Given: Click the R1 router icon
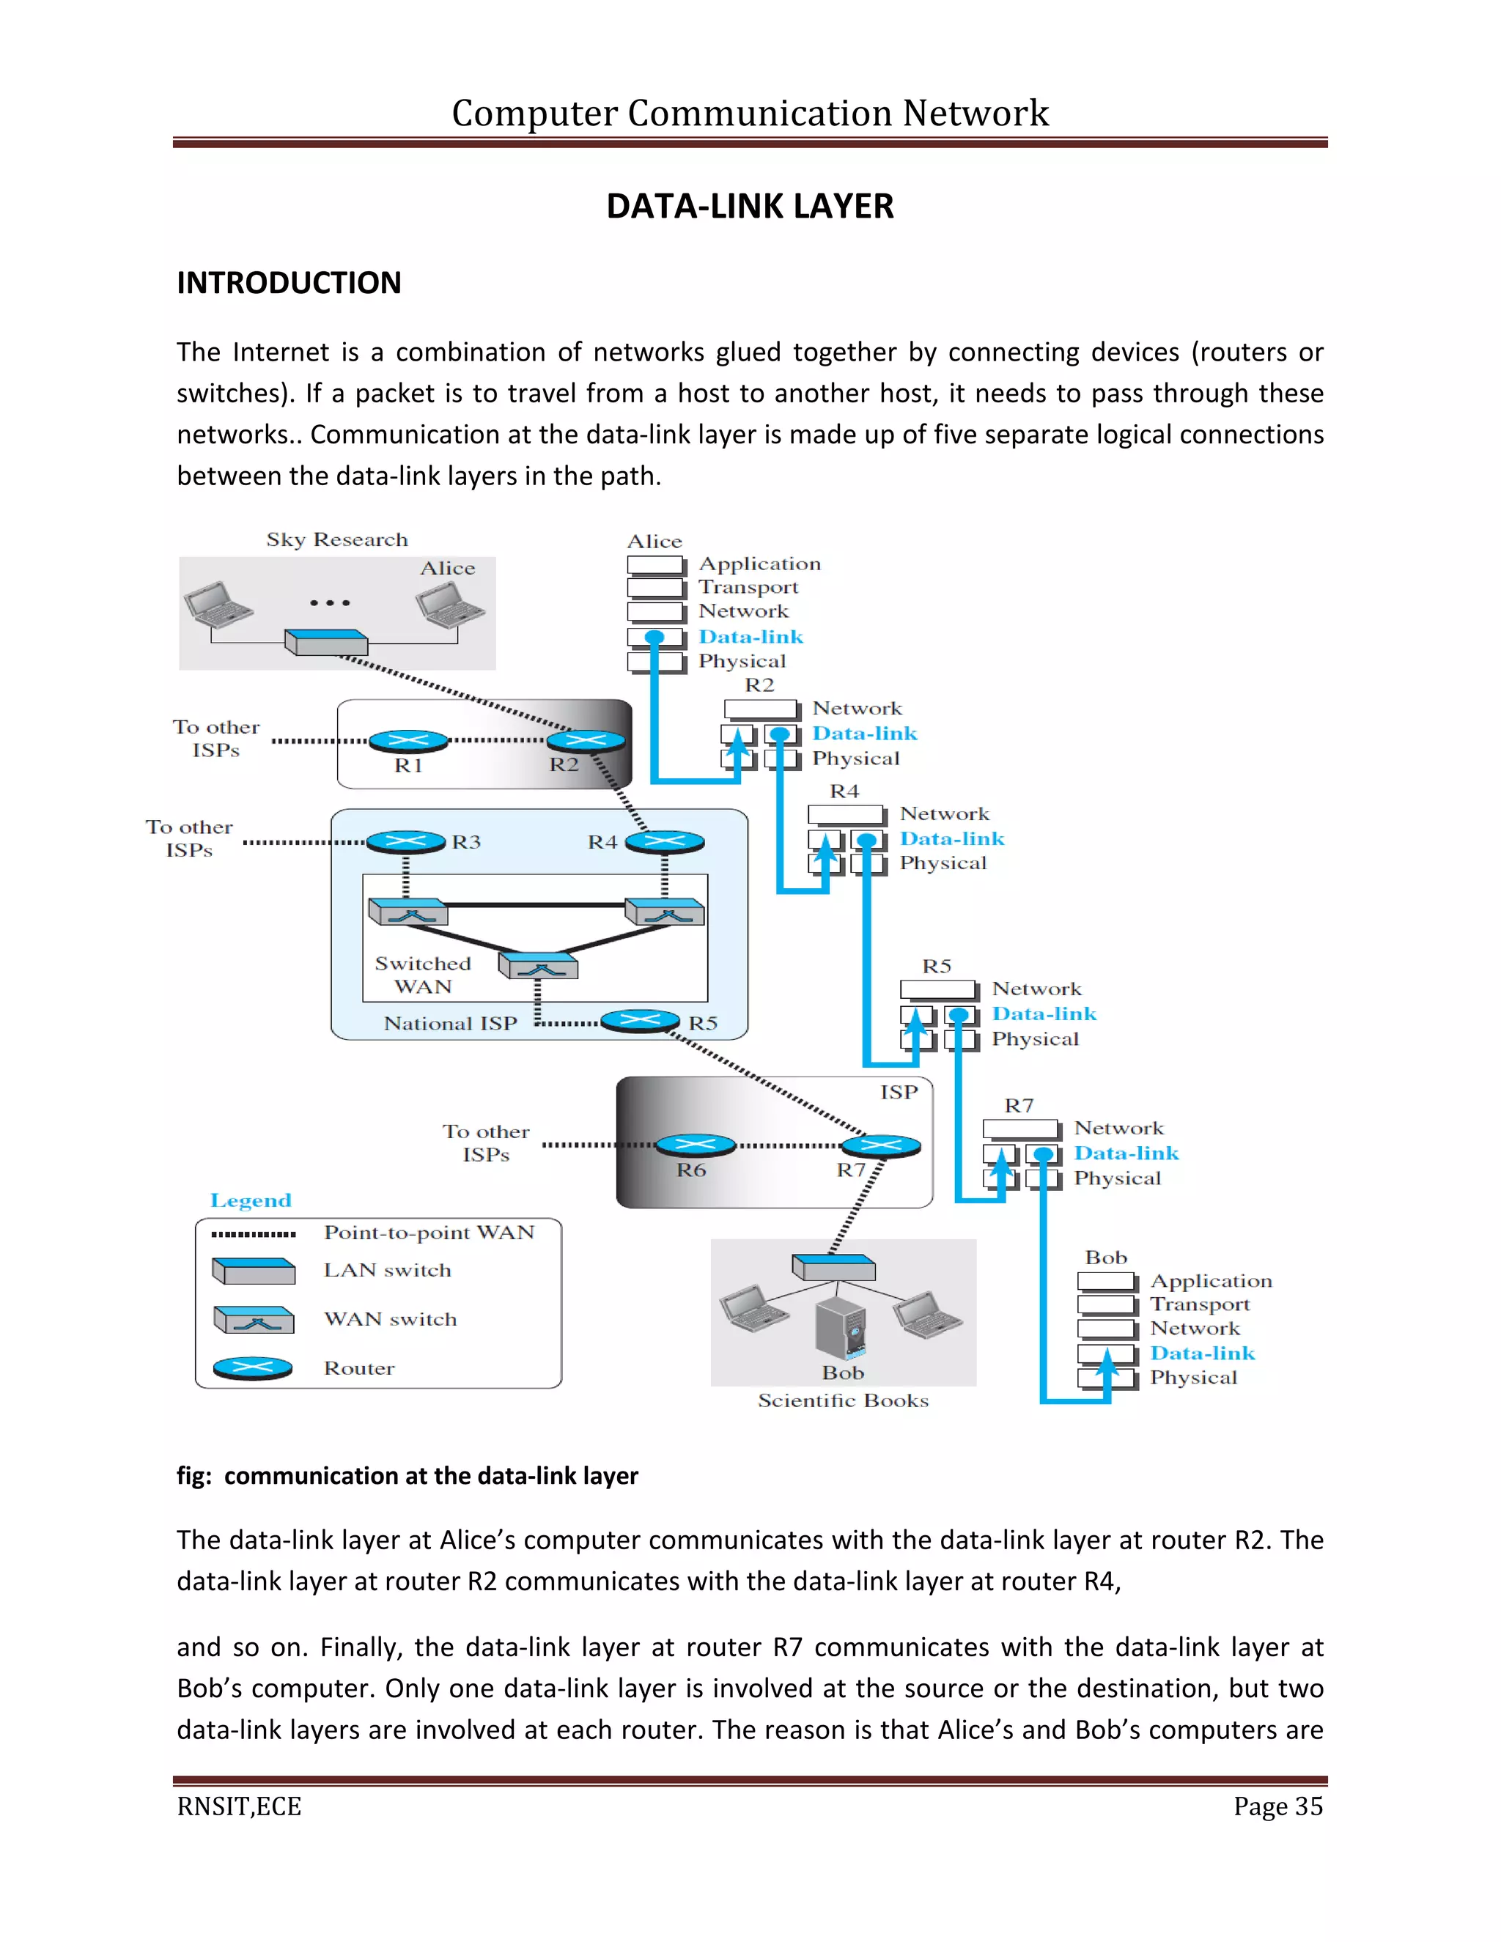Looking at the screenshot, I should [409, 740].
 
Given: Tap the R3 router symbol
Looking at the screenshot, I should [405, 841].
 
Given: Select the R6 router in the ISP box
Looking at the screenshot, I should [696, 1145].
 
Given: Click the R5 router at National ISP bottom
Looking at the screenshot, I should [641, 1021].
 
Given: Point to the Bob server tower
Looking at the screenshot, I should [841, 1329].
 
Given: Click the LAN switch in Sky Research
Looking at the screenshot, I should [326, 641].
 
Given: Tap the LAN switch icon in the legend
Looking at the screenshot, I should [254, 1271].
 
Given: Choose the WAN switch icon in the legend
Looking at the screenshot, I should [254, 1320].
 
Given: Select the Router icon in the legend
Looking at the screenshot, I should [254, 1368].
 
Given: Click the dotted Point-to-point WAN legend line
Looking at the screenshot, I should [254, 1234].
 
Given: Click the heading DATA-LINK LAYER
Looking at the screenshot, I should [750, 207].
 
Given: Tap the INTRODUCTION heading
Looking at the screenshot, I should [289, 283].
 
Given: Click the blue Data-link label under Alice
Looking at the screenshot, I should [750, 637].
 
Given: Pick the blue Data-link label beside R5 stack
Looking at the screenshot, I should [1044, 1014].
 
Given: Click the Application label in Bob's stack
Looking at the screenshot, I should [1210, 1281].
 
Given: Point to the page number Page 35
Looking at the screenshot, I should [1277, 1807].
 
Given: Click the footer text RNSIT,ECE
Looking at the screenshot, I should [239, 1807].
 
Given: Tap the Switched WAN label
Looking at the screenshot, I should [421, 975].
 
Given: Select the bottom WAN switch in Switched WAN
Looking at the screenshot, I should [538, 966].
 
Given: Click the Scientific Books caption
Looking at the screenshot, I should [843, 1400].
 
